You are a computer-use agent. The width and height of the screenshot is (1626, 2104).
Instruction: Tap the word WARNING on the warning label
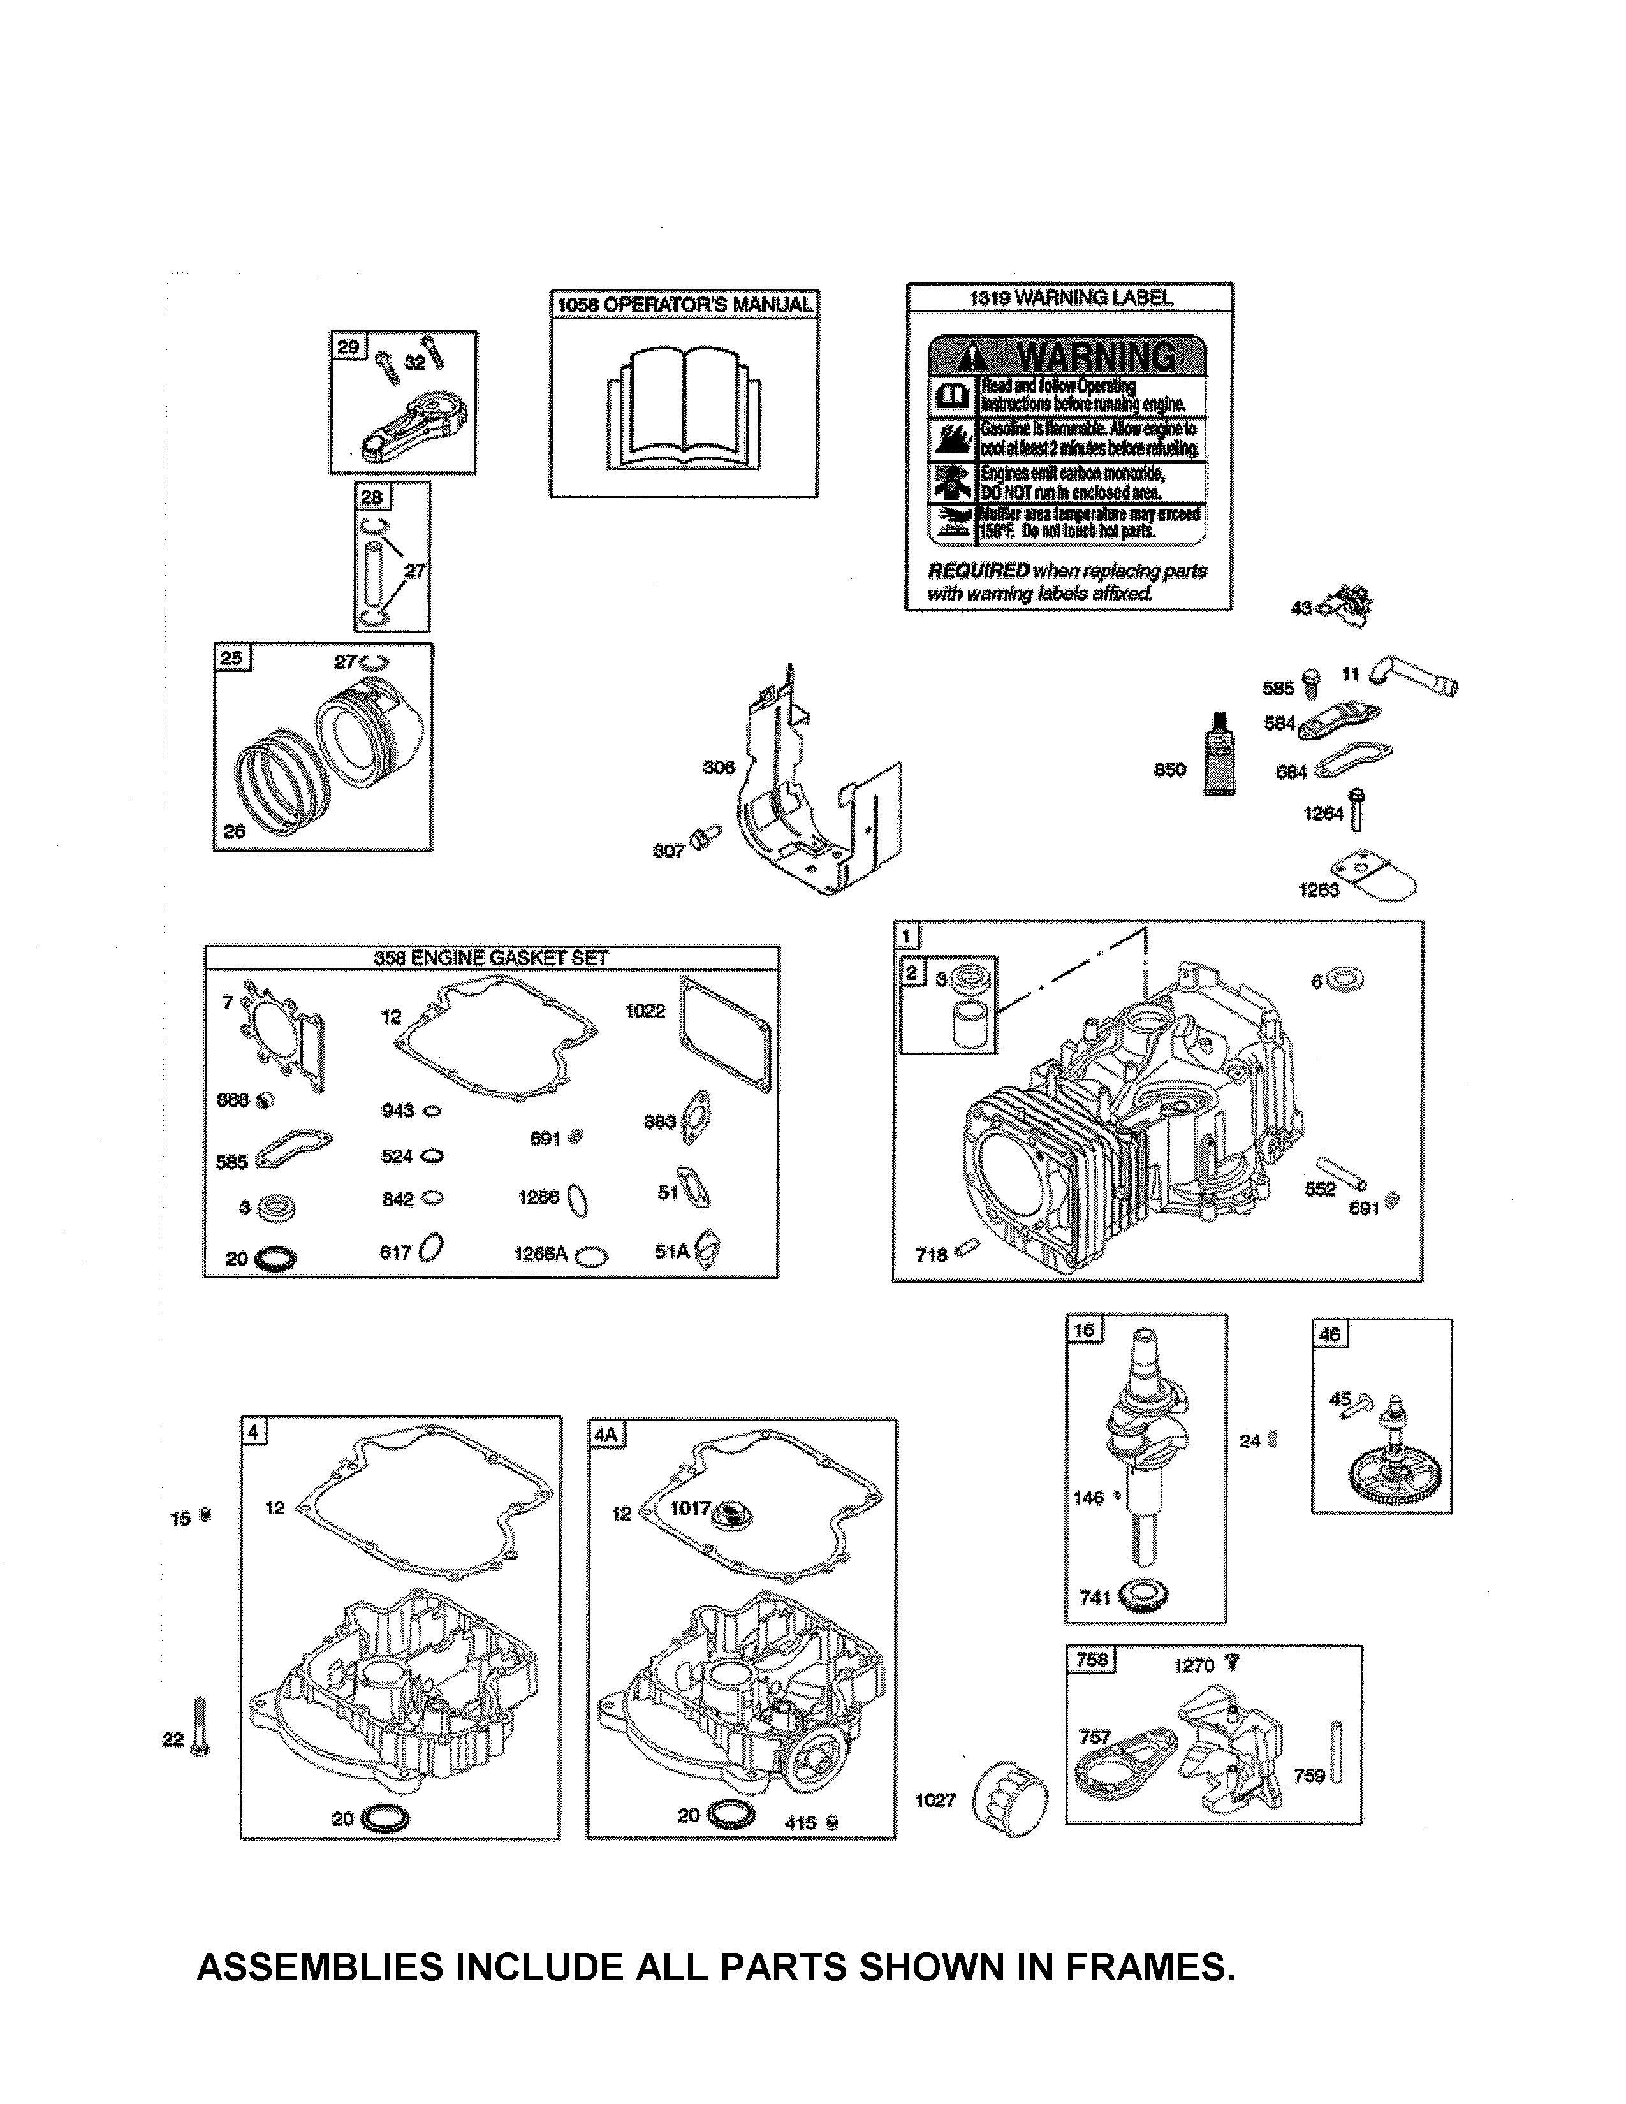click(1095, 358)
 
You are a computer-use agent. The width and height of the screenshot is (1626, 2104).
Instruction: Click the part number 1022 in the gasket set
click(645, 1011)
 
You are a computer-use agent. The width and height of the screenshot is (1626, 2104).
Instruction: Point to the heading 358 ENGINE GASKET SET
click(491, 958)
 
